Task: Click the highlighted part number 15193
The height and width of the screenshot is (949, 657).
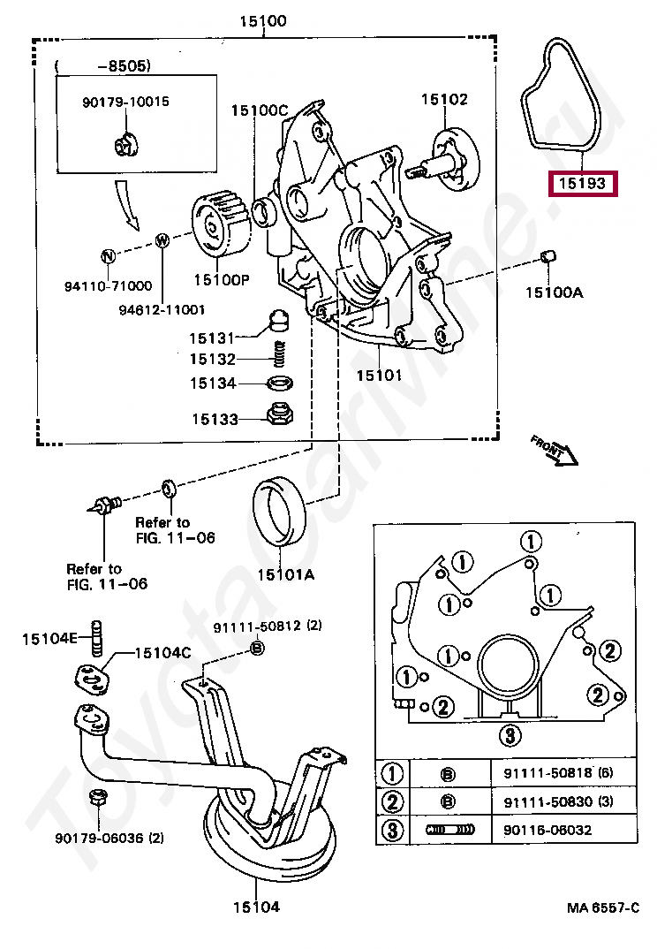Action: (x=582, y=184)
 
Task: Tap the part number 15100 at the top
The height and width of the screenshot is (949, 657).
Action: (x=263, y=21)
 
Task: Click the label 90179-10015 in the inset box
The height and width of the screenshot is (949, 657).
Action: (x=125, y=102)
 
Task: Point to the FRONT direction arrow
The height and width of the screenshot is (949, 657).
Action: (x=555, y=450)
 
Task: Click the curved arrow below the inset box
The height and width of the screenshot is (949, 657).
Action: (x=128, y=204)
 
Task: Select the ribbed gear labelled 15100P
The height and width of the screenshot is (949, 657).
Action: (x=220, y=224)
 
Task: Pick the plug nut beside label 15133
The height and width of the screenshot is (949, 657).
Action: (x=280, y=414)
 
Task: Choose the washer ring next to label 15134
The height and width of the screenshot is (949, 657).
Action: (x=280, y=383)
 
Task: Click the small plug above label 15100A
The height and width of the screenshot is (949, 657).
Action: (x=548, y=256)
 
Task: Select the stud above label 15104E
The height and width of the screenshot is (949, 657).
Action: (x=96, y=638)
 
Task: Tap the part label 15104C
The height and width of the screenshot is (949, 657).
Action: (x=162, y=652)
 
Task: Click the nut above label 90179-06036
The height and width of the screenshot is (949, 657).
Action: (x=97, y=798)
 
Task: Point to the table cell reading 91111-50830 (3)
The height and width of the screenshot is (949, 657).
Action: (x=558, y=802)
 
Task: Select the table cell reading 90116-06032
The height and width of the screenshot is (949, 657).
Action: (x=547, y=830)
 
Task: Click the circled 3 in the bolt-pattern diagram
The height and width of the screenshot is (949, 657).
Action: (x=510, y=735)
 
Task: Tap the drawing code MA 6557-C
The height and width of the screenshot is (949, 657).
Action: (x=602, y=907)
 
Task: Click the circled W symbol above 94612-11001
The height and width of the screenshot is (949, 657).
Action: (x=162, y=241)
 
